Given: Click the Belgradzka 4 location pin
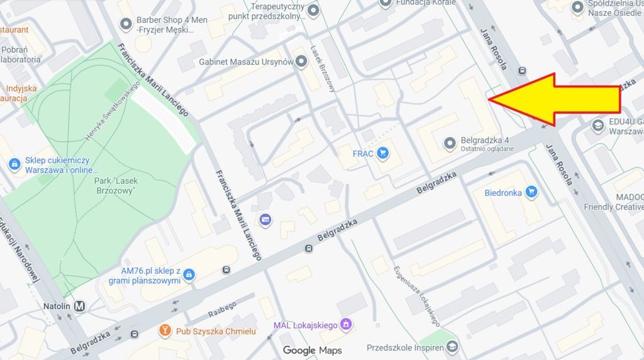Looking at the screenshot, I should (x=450, y=144).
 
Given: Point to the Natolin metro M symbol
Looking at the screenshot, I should (x=79, y=307).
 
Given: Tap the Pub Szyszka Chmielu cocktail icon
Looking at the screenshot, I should (x=165, y=331).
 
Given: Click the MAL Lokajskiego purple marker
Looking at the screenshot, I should (x=345, y=325).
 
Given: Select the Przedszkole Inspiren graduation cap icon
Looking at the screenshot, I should (x=453, y=346).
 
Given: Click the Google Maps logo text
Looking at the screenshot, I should (x=313, y=350).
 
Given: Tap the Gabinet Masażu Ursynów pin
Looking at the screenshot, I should (x=302, y=62).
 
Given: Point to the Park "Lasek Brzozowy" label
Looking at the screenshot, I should (x=116, y=185).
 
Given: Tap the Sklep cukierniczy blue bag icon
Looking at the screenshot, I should (x=14, y=164).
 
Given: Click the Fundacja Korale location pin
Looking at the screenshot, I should (x=386, y=3).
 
